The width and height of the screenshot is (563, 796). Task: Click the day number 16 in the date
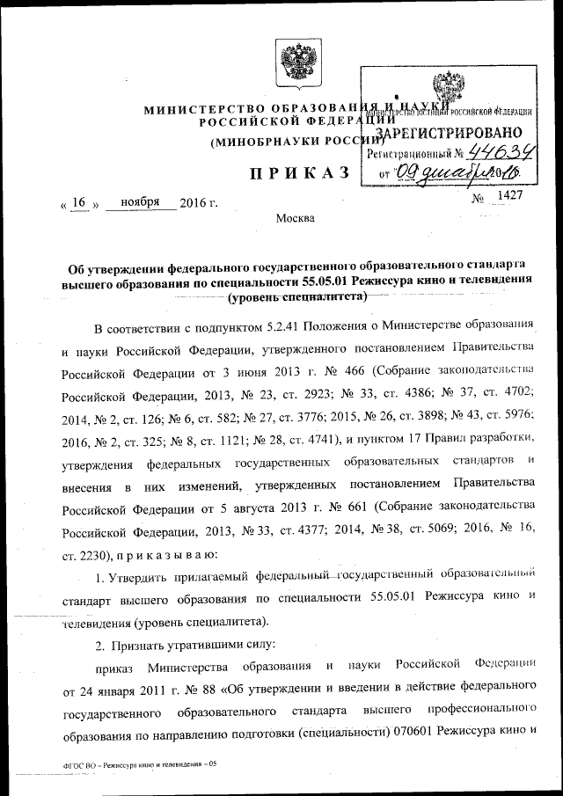pos(78,202)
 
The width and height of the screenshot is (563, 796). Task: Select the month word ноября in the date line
pos(140,202)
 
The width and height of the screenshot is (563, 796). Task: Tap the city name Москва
pos(294,218)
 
